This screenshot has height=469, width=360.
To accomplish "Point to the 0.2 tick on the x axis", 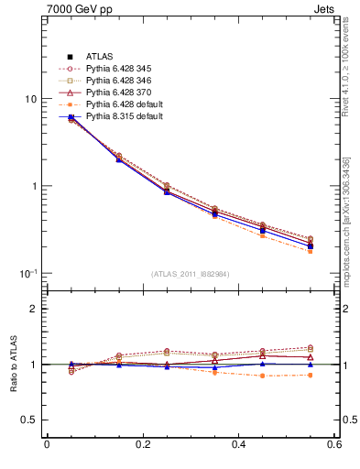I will (x=143, y=446).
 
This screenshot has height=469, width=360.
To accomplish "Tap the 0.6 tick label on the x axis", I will (x=335, y=446).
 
